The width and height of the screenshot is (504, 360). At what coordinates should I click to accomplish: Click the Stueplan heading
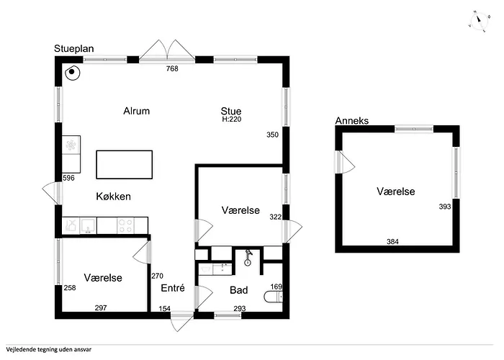point(74,49)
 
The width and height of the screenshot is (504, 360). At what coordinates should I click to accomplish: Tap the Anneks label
point(352,121)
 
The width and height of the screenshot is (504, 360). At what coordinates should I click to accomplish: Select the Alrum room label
point(137,111)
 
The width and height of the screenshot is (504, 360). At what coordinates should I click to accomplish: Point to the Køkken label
point(114,197)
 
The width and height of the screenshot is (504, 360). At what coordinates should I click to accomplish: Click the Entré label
point(173,288)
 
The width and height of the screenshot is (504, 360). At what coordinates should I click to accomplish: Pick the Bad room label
point(239,290)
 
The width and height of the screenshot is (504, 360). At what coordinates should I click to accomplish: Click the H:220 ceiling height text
point(232,120)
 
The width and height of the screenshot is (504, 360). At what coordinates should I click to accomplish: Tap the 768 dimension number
point(172,68)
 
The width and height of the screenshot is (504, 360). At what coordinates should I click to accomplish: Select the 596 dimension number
point(68,178)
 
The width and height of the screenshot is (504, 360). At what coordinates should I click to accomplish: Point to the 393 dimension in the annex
point(445,207)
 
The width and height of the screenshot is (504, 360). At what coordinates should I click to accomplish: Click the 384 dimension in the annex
point(393,241)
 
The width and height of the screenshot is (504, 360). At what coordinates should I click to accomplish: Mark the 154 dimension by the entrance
point(165,309)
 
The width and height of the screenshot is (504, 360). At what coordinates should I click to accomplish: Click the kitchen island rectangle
point(125,165)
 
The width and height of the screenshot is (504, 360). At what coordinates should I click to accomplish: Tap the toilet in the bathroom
point(273,297)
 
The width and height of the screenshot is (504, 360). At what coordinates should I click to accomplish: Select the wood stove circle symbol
point(72,73)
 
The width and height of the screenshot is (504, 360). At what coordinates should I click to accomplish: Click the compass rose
point(480,21)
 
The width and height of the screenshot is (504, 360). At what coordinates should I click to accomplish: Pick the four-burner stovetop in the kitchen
point(126,225)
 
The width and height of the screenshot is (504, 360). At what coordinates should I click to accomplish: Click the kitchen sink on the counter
point(88,225)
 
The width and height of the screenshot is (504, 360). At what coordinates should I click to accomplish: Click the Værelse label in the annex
point(396,192)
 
